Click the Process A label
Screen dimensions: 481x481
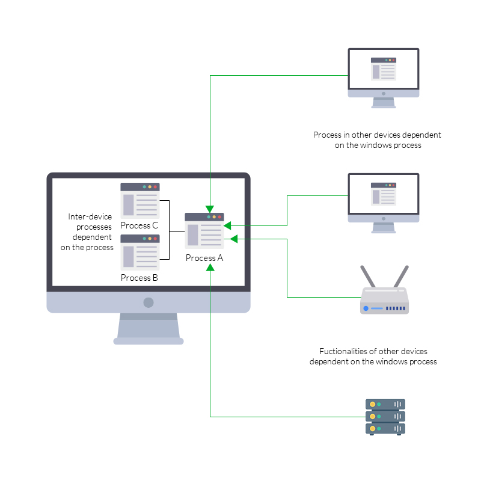(204, 258)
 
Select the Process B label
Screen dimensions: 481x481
(139, 278)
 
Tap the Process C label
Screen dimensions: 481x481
(139, 225)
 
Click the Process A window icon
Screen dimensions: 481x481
(204, 231)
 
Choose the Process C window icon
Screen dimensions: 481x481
(139, 200)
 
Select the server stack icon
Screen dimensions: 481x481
(385, 417)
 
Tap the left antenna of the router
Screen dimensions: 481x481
(367, 277)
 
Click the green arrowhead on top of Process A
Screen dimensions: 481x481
(210, 209)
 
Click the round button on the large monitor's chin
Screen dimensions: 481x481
(149, 302)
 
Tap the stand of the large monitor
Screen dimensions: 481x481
(149, 328)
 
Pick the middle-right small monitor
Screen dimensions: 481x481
(384, 198)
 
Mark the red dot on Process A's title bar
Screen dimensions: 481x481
(220, 216)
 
